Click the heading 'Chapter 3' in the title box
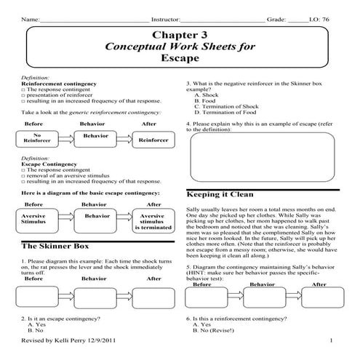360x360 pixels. click(x=180, y=34)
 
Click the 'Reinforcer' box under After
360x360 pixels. click(x=153, y=140)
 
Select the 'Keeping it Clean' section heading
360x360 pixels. click(x=215, y=195)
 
